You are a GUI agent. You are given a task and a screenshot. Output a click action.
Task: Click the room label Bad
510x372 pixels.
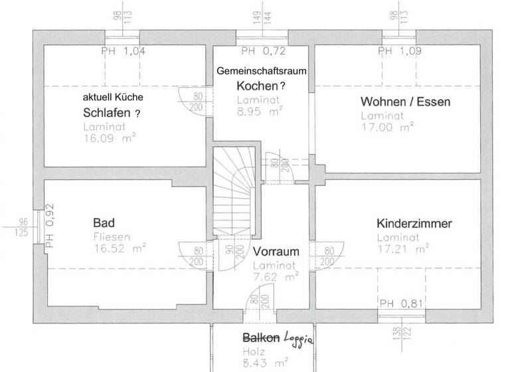point(105,221)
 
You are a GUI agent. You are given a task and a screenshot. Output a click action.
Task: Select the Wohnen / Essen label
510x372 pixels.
point(405,102)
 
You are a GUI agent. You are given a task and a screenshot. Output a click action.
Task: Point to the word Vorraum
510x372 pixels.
point(276,252)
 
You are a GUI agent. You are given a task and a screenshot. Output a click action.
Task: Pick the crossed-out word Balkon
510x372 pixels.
point(261,337)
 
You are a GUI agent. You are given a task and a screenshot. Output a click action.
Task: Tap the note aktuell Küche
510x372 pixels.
point(112,96)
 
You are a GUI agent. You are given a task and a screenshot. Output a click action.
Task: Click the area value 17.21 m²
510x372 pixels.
point(402,250)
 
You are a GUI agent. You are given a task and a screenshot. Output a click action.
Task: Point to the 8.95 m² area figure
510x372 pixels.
point(260,113)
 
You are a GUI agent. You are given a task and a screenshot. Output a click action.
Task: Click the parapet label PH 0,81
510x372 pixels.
point(402,304)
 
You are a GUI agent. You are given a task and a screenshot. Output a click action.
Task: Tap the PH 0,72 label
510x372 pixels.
point(263,50)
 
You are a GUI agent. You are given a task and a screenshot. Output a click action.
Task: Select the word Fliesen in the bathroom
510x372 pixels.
point(112,236)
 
